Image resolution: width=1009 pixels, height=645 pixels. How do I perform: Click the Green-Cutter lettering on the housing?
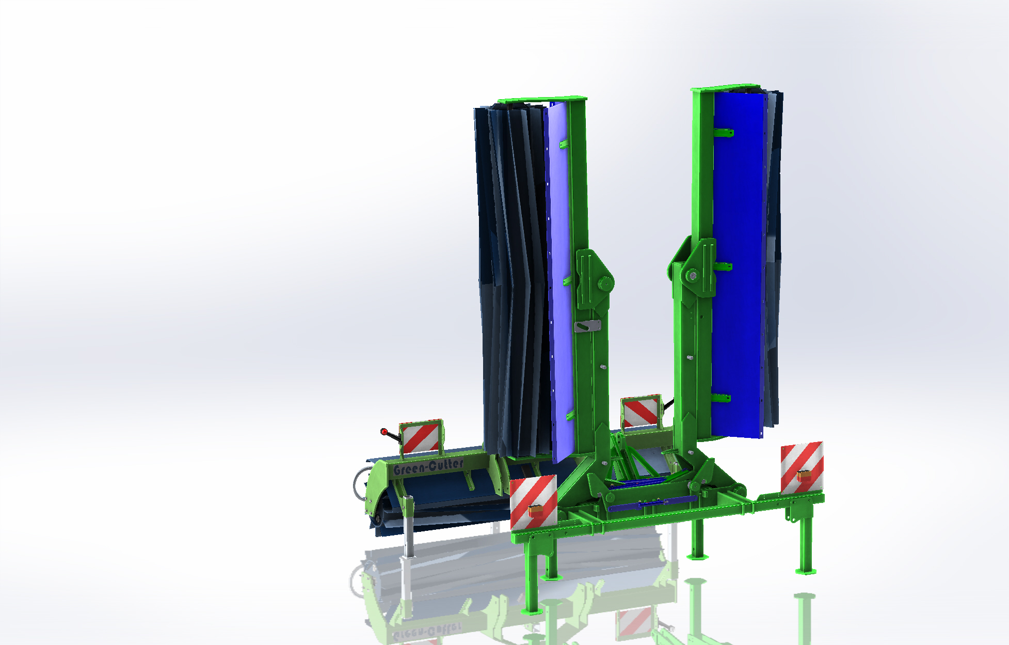(x=428, y=467)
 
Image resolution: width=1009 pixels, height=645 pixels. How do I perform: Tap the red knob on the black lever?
(x=383, y=431)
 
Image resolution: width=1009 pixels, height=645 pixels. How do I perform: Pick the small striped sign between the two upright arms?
(x=641, y=412)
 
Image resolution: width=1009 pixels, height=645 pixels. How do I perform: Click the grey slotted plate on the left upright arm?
(x=587, y=326)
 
